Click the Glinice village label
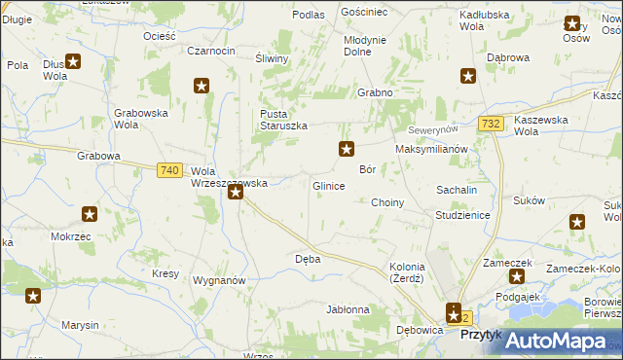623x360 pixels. pos(328,186)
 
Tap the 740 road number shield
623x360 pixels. pos(168,170)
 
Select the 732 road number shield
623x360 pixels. pos(492,124)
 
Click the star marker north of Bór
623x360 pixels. pos(346,149)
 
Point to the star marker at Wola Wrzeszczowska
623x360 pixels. pos(236,193)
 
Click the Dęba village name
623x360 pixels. pos(308,260)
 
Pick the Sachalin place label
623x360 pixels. pos(456,190)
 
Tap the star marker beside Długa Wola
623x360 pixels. pos(73,60)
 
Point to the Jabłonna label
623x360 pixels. pos(348,310)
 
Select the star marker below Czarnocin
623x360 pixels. pos(202,86)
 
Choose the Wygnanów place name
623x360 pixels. pos(219,279)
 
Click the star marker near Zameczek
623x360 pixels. pos(516,276)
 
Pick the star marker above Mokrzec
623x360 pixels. pos(90,214)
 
